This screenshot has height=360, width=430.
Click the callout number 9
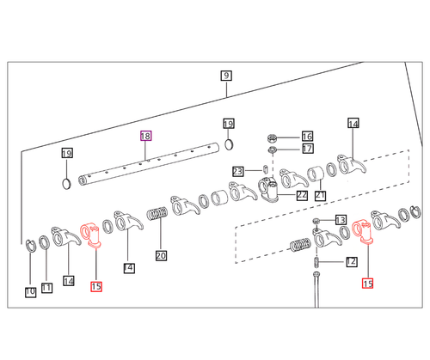click(225, 75)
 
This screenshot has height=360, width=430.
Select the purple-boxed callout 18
click(146, 136)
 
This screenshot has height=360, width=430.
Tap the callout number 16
click(307, 137)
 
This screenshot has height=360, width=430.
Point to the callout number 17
click(307, 149)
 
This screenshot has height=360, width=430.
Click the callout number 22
click(302, 195)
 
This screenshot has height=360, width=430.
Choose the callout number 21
click(320, 195)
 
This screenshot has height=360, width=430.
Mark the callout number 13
click(340, 220)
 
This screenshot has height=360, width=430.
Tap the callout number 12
click(351, 261)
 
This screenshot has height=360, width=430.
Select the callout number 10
click(30, 292)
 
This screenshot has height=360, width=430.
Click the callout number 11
click(46, 288)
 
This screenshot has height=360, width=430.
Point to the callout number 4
click(129, 267)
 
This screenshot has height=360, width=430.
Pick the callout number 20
click(161, 254)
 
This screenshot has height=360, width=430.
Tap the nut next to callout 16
click(273, 137)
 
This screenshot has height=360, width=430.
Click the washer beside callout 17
click(273, 150)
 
